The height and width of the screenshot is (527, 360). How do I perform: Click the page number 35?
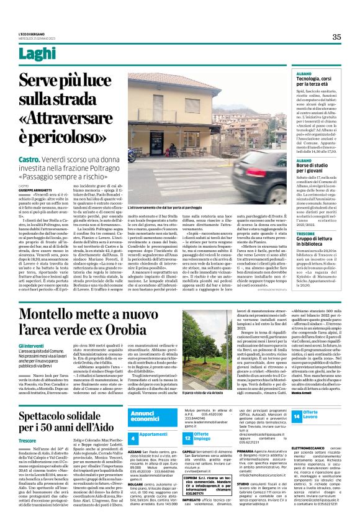point(336,37)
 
